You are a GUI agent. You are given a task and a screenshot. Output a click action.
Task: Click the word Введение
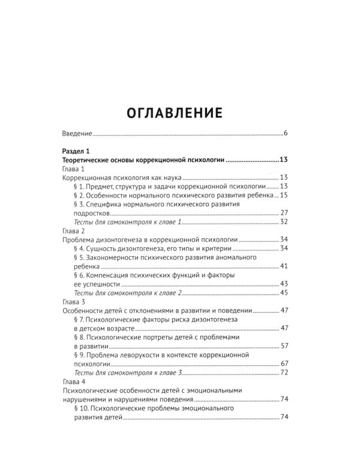pos(77,133)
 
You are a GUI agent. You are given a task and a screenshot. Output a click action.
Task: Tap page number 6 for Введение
pos(287,133)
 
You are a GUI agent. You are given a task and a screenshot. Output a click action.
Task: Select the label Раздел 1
pos(76,152)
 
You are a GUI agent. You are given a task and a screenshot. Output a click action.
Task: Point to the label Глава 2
pos(74,231)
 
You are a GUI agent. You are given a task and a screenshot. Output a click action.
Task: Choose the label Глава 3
pos(74,302)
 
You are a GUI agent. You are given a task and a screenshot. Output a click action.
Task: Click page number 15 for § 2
pos(284,196)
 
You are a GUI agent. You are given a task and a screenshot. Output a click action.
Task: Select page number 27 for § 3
pos(284,213)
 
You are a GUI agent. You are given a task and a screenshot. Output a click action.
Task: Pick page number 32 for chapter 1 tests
pos(284,222)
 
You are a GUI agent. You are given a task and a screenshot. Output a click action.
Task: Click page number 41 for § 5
pos(284,266)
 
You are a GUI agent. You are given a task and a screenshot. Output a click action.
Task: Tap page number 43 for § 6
pos(284,284)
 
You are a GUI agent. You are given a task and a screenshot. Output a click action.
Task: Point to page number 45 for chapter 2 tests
pos(284,293)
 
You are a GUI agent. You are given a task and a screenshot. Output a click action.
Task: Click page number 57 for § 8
pos(284,346)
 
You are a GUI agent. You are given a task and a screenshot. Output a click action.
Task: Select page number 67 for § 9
pos(284,364)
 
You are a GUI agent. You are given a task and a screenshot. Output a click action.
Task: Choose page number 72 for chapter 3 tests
pos(284,373)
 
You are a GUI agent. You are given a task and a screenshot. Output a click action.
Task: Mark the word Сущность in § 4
pos(101,248)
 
